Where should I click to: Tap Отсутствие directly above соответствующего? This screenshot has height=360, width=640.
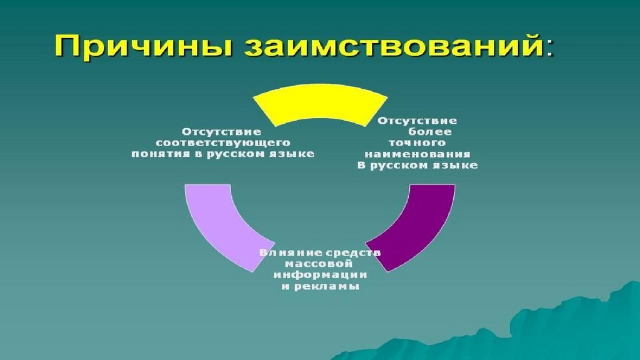[x=221, y=131]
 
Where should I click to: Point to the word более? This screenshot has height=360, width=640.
[x=430, y=132]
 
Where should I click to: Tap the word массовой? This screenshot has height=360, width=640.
[x=319, y=264]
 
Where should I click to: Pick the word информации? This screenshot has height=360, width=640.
[x=319, y=275]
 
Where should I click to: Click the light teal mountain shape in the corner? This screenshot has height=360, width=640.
[x=562, y=325]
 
